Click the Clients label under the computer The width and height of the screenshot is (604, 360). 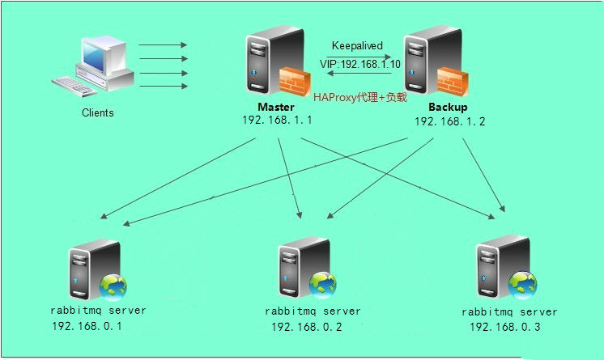pyautogui.click(x=98, y=112)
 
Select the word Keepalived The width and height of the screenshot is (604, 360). pyautogui.click(x=357, y=46)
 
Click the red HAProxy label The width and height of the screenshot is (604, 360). pyautogui.click(x=359, y=96)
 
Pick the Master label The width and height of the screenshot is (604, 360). pyautogui.click(x=276, y=108)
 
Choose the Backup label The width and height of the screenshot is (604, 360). pyautogui.click(x=448, y=108)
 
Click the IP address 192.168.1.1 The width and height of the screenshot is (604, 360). pyautogui.click(x=277, y=120)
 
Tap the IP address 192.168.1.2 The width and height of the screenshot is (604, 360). pyautogui.click(x=449, y=121)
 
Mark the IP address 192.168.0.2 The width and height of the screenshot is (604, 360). pyautogui.click(x=305, y=327)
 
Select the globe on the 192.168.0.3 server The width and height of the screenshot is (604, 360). pyautogui.click(x=522, y=282)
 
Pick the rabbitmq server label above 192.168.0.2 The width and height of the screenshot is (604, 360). pyautogui.click(x=313, y=311)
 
